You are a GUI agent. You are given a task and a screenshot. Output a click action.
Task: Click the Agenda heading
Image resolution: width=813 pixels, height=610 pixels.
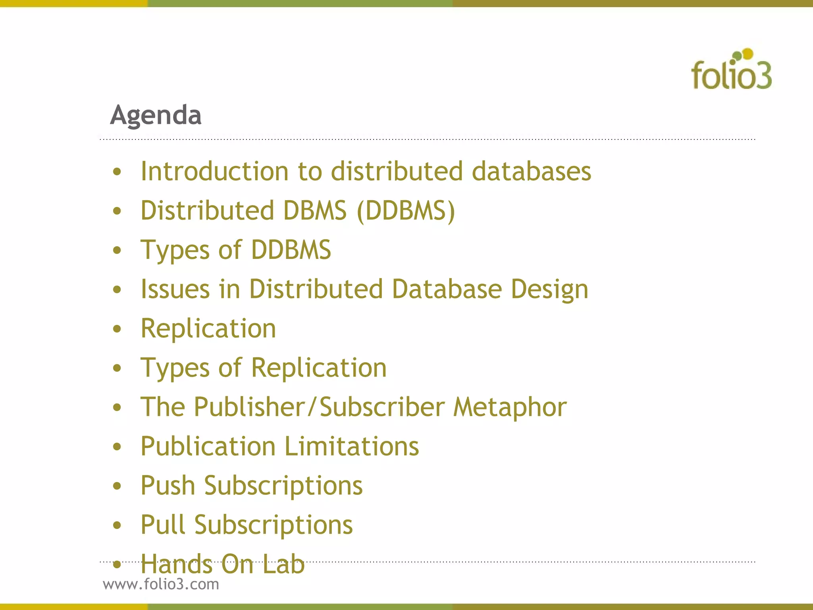[x=156, y=115]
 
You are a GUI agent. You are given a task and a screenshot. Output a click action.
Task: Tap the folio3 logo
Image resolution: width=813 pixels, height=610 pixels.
[x=731, y=70]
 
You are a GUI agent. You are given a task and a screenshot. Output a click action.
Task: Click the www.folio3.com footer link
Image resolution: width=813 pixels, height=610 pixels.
[x=161, y=584]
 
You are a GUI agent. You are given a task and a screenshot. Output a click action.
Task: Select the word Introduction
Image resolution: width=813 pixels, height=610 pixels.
[x=215, y=171]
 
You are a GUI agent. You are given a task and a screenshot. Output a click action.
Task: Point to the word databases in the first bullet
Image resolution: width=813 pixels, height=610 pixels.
[x=531, y=171]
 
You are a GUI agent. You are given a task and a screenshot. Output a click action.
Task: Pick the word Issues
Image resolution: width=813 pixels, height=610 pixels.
[x=175, y=289]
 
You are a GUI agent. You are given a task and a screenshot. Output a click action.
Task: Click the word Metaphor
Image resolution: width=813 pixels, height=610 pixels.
[x=510, y=408]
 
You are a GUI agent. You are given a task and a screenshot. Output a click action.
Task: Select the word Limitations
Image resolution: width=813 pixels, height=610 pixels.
[x=352, y=446]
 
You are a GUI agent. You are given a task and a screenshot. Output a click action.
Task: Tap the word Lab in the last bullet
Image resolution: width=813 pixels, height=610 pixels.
[x=283, y=564]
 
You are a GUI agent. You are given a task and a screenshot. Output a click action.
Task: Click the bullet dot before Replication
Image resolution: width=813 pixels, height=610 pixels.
[x=117, y=329]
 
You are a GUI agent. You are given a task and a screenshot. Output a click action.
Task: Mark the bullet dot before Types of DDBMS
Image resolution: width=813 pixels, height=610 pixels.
[x=117, y=250]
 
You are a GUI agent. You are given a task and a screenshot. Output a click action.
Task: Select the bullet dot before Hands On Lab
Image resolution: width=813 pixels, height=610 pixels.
[x=117, y=564]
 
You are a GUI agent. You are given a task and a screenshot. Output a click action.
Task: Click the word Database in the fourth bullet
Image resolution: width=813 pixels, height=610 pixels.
[x=447, y=289]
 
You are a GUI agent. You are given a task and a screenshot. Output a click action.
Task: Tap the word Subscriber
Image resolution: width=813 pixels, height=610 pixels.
[x=382, y=407]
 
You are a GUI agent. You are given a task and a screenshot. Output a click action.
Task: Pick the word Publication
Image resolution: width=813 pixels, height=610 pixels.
[x=208, y=446]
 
